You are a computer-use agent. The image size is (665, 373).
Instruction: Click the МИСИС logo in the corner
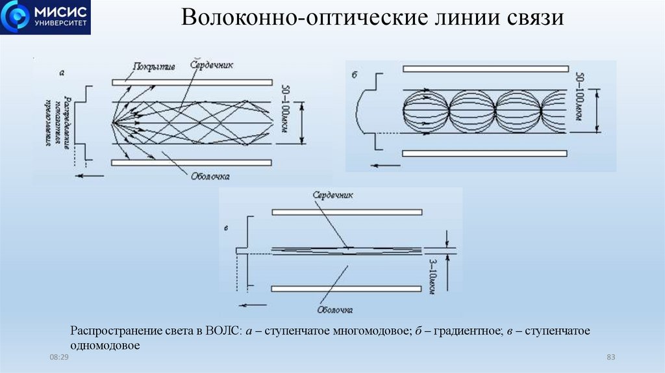(x=45, y=17)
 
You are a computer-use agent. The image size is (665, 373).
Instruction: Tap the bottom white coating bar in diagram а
(x=192, y=162)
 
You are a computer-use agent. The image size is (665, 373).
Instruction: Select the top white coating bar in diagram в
(x=347, y=212)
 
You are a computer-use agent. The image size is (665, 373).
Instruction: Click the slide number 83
(x=610, y=357)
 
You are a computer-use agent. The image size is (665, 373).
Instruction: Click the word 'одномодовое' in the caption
(x=105, y=346)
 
